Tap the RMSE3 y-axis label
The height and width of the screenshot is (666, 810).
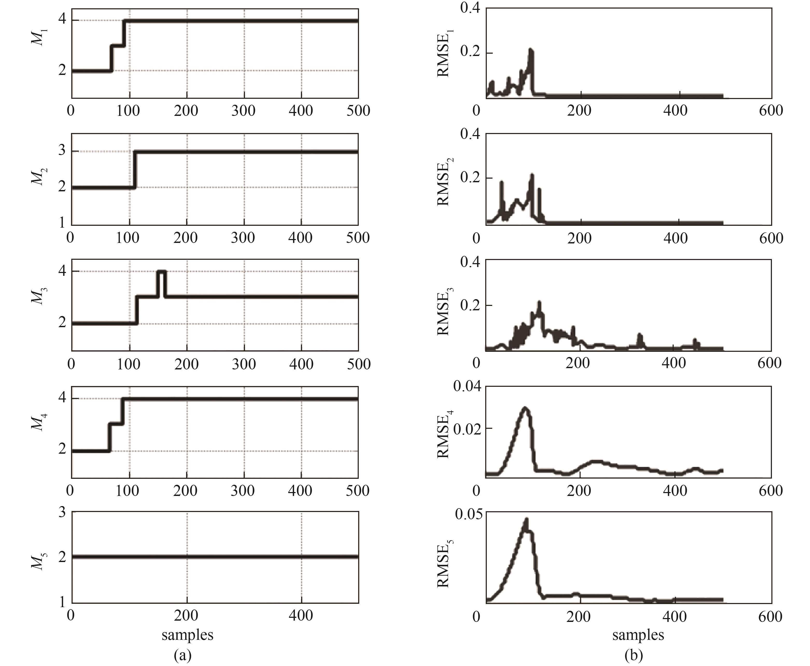coord(444,313)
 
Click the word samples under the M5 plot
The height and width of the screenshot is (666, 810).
coord(187,635)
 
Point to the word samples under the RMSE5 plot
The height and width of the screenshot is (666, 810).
coord(638,635)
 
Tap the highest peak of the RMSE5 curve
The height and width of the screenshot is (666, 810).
coord(527,520)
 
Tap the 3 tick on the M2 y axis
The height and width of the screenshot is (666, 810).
coord(62,151)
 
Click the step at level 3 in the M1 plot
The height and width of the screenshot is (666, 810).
coord(118,46)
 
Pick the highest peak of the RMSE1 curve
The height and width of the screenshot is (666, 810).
coord(531,50)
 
